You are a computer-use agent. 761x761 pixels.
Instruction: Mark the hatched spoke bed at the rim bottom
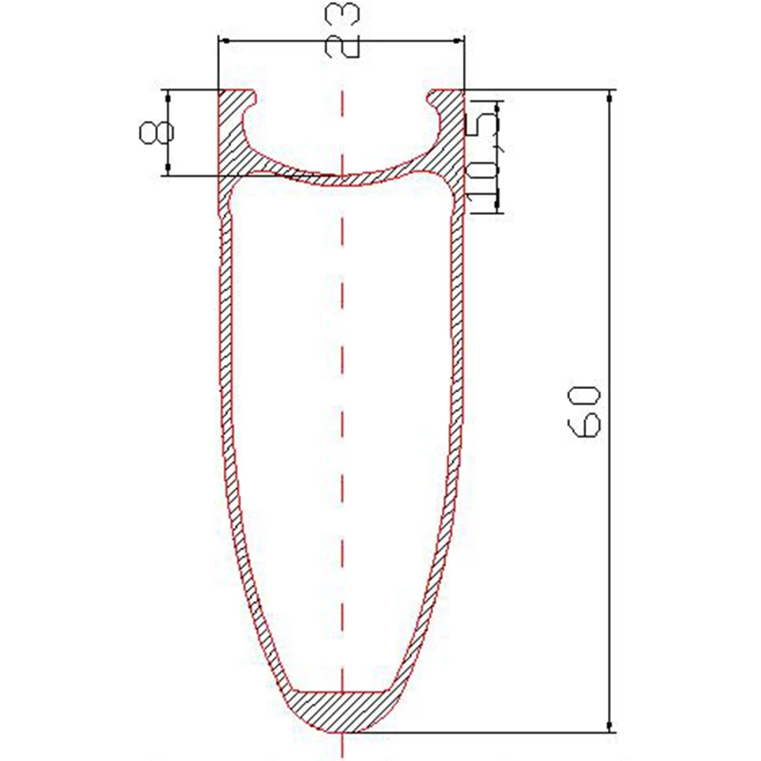(342, 710)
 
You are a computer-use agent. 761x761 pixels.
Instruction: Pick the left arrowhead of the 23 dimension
(225, 40)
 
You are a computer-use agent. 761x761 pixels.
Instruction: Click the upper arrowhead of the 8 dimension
(167, 95)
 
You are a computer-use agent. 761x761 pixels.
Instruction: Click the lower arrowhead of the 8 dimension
(167, 170)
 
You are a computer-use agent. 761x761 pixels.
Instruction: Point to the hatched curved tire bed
(342, 176)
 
